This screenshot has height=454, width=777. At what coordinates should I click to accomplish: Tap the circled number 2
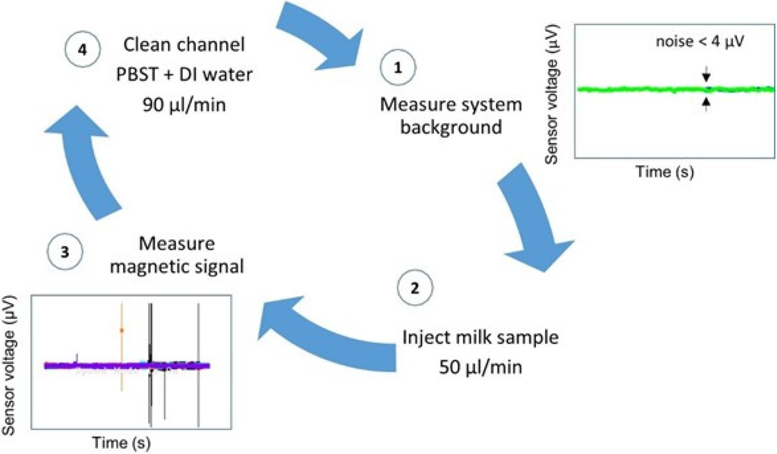coord(412,289)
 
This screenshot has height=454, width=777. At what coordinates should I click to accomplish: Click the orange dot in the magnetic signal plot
coord(121,330)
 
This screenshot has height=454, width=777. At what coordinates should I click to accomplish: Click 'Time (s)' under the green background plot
coord(665,172)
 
